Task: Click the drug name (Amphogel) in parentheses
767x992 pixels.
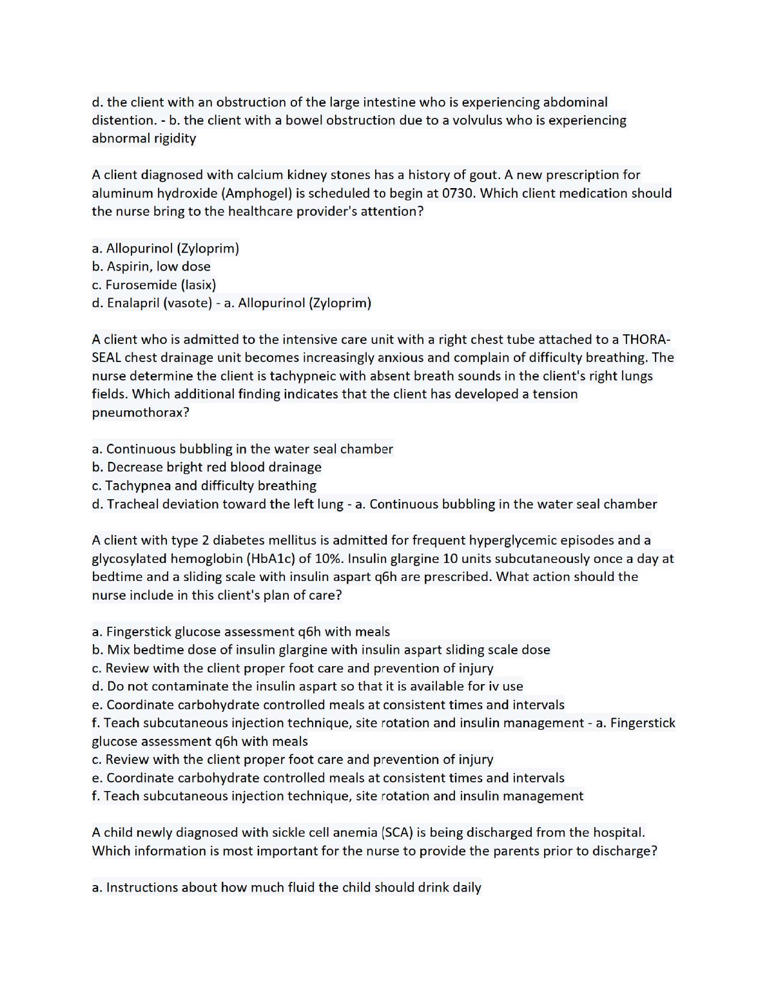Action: point(257,193)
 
